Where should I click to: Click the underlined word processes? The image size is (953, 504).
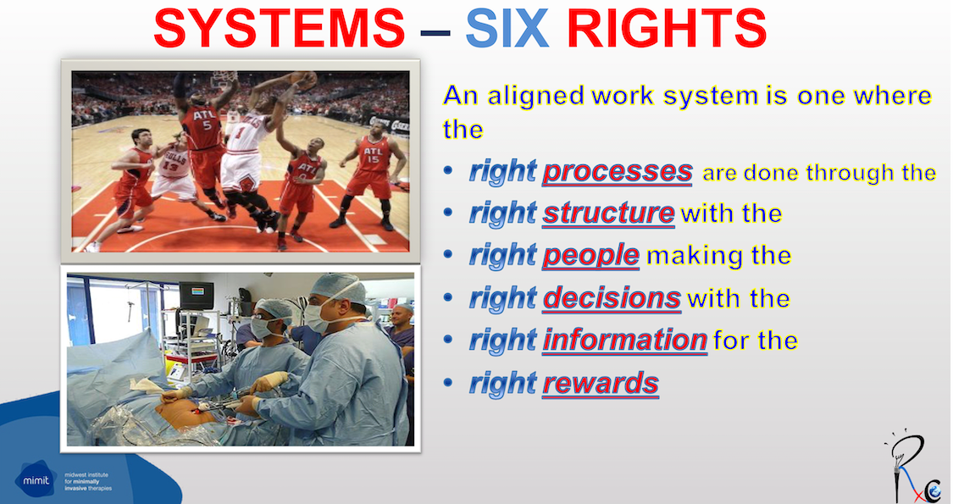click(618, 172)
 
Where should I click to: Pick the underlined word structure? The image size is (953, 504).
click(608, 213)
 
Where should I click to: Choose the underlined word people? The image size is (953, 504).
click(591, 256)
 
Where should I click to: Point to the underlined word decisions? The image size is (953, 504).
click(612, 298)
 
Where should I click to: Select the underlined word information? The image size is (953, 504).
click(624, 341)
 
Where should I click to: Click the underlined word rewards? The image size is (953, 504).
click(601, 384)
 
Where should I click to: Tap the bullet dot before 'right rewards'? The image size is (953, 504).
click(450, 384)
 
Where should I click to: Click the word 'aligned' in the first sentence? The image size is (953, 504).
click(529, 95)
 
